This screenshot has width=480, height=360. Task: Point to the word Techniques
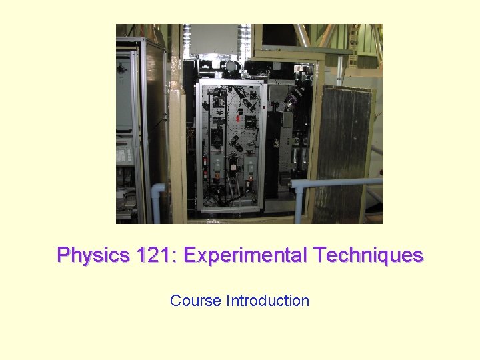pyautogui.click(x=368, y=255)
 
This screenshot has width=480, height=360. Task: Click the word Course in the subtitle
pyautogui.click(x=195, y=301)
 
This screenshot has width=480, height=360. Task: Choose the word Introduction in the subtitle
pyautogui.click(x=268, y=301)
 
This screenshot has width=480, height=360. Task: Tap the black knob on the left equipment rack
pyautogui.click(x=122, y=69)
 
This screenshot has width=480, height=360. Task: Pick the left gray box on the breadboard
pyautogui.click(x=217, y=165)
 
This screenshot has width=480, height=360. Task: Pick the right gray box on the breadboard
pyautogui.click(x=250, y=165)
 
